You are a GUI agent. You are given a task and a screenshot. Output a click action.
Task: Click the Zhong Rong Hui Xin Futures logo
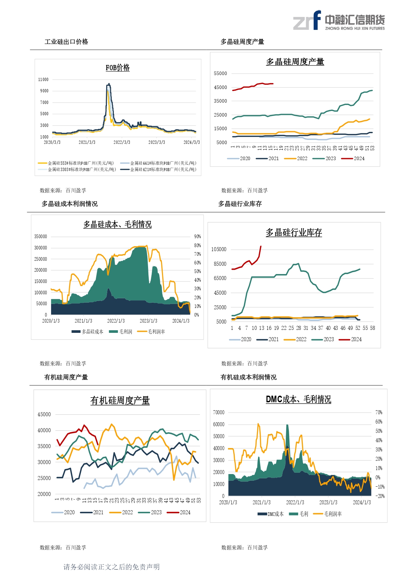[339, 21]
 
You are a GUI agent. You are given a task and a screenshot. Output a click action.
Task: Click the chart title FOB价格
[118, 68]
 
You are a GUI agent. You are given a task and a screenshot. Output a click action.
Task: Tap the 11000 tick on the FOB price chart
[43, 80]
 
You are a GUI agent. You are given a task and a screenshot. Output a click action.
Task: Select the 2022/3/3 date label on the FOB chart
[122, 142]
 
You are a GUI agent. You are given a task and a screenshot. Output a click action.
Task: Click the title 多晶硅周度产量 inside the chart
[295, 62]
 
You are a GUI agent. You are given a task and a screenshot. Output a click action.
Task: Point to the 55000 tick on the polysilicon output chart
[220, 73]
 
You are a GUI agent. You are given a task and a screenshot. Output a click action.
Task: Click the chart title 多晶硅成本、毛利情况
[118, 225]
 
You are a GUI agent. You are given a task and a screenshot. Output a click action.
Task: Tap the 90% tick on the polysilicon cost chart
[198, 237]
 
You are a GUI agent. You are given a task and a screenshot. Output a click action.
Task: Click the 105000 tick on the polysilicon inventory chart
[219, 249]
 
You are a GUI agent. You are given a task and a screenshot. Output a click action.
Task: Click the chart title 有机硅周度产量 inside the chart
[120, 401]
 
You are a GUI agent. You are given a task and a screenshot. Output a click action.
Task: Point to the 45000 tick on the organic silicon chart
[44, 414]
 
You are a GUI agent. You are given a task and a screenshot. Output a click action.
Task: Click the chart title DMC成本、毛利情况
[298, 399]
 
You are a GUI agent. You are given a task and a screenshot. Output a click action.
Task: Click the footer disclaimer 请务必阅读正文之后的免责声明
[112, 567]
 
